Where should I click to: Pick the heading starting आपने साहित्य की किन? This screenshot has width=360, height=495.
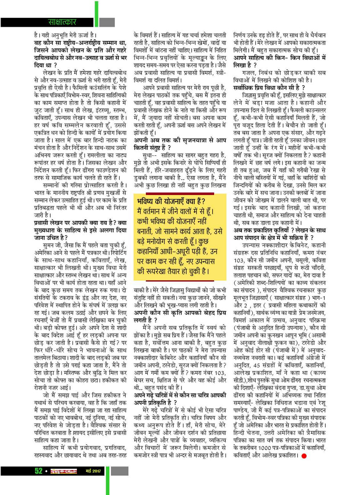[280, 59]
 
